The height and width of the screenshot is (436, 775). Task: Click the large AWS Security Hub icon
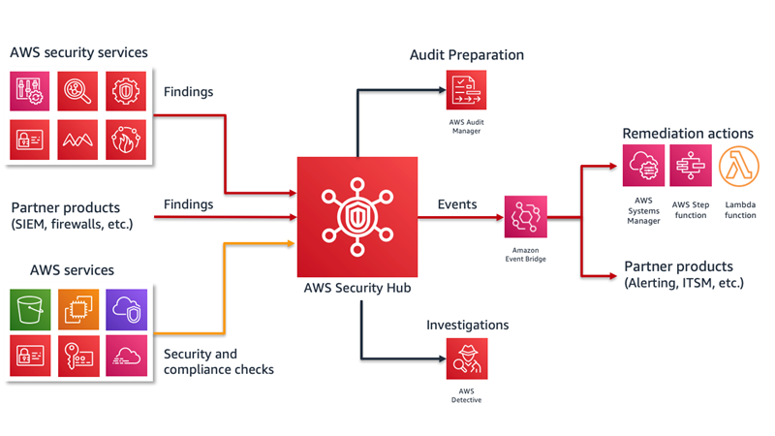click(357, 217)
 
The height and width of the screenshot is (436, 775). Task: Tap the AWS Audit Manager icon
click(466, 89)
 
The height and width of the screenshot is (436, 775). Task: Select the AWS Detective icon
click(467, 358)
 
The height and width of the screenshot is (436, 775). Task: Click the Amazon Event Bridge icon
click(525, 216)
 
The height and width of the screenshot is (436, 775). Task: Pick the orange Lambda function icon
click(739, 166)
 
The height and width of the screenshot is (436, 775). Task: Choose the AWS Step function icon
click(691, 165)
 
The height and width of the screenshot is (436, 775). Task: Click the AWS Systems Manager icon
click(643, 165)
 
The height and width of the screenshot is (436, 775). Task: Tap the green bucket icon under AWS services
click(30, 310)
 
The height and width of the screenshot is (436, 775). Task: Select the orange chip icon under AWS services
click(78, 310)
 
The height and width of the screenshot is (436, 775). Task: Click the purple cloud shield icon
click(127, 310)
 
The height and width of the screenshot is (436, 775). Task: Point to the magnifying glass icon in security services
click(77, 91)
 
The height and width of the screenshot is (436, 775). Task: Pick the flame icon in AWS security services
click(126, 140)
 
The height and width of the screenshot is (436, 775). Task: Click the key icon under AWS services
click(78, 356)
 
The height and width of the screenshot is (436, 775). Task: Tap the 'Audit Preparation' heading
click(467, 55)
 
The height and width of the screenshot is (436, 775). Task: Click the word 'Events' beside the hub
click(457, 204)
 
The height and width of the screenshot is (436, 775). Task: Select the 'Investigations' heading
click(468, 325)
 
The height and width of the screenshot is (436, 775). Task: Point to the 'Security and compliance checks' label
click(219, 361)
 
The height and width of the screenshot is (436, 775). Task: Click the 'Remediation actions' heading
click(688, 134)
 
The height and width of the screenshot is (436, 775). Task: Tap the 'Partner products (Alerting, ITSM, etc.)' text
click(684, 274)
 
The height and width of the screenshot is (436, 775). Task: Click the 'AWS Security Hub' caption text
click(357, 288)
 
